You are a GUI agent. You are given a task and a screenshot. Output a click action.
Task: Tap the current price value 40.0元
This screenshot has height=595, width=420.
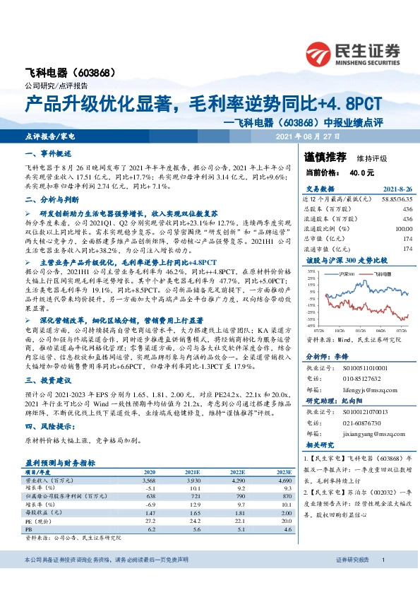coord(361,172)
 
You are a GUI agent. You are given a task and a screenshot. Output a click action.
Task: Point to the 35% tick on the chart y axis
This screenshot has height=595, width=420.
coord(312,271)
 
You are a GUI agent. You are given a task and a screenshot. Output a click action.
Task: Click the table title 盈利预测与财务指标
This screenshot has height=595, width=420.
coord(65,462)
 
